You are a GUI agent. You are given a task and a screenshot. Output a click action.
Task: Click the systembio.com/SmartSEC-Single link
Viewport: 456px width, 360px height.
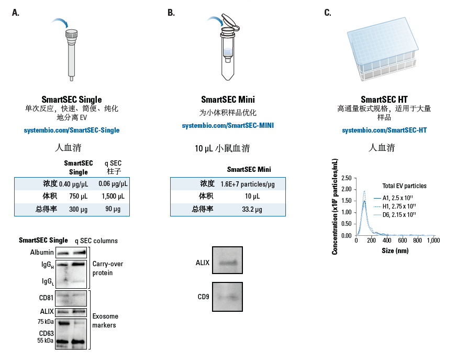coord(72,130)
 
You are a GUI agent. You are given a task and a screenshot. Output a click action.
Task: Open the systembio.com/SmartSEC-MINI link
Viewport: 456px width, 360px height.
coord(228,126)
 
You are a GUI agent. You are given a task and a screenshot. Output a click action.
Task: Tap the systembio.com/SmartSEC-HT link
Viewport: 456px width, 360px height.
coord(384,130)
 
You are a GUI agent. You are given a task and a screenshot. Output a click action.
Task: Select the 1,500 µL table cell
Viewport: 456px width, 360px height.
coord(114,197)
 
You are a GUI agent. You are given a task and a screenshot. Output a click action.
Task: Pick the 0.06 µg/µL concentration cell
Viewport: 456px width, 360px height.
coord(113,184)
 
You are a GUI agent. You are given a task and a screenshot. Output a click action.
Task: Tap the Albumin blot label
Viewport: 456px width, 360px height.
coord(42,253)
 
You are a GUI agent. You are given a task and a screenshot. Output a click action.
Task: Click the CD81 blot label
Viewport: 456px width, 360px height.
coord(46,299)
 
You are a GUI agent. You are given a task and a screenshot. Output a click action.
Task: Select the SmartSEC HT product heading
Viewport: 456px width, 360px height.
coord(384,100)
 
